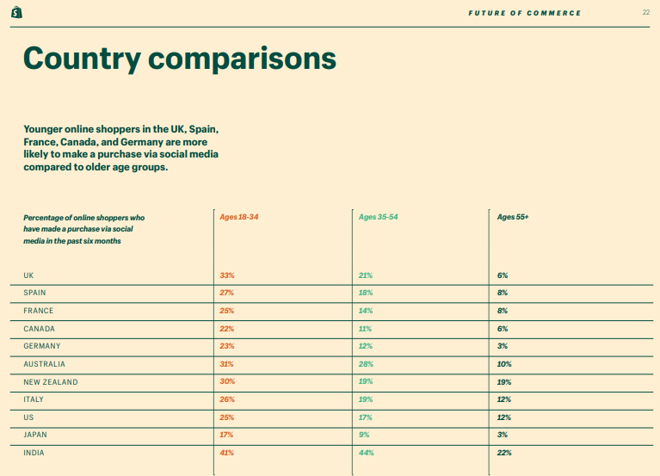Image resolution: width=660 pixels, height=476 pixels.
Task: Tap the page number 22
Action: coord(646,13)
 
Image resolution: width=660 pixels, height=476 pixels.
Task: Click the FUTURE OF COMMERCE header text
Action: coord(525,13)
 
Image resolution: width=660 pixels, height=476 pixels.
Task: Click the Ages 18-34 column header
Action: coord(239,217)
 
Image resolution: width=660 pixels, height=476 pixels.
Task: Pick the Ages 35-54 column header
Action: coord(378,217)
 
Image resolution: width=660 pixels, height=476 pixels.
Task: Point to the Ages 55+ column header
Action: coord(513,217)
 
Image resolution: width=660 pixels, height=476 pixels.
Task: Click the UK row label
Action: coord(29,275)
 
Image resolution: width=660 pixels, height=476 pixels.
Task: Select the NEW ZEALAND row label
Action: coord(50,382)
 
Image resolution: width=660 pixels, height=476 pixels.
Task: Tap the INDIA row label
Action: coord(34,453)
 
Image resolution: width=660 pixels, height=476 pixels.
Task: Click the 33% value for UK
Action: coord(227,275)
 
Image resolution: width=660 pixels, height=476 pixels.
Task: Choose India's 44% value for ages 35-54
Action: coord(366,453)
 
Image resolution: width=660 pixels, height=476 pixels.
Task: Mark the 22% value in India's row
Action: coord(504,453)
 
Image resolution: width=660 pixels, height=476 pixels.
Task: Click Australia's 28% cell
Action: coord(366,364)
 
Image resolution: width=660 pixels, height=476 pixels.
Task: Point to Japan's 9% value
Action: coord(364,436)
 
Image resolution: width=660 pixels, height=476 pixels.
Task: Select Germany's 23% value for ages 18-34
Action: coord(227,346)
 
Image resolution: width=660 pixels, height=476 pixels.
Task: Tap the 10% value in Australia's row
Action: coord(504,364)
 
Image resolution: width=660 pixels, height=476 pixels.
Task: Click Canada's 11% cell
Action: coord(365,329)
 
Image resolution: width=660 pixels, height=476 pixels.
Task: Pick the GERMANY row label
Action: coord(42,346)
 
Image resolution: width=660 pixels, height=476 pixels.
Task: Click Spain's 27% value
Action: coord(227,293)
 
